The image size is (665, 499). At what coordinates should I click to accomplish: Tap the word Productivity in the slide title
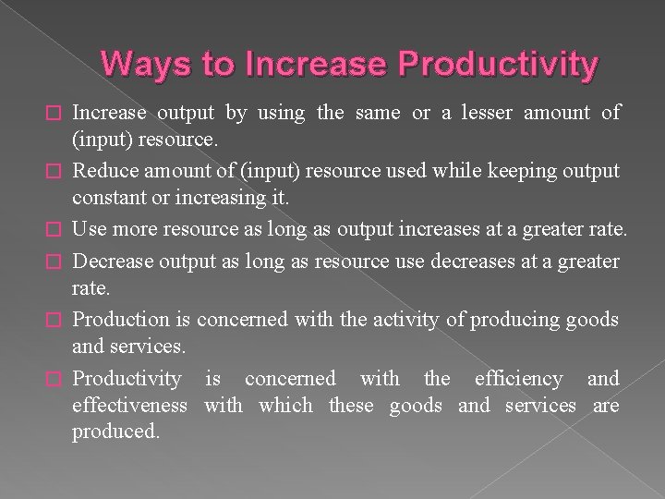[x=499, y=64]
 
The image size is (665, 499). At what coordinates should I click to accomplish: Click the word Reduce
[x=103, y=171]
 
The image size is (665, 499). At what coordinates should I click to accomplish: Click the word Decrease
[x=113, y=262]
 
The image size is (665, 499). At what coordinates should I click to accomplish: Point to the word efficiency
[x=518, y=378]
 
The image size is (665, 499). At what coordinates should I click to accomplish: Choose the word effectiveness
[x=129, y=405]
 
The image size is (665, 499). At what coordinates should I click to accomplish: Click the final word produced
[x=115, y=432]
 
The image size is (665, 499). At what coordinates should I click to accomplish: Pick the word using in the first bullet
[x=281, y=113]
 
